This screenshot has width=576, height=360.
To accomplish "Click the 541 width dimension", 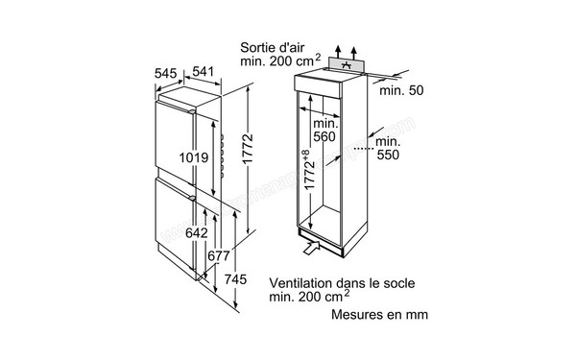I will click(x=202, y=72).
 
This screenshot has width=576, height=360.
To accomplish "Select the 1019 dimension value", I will click(x=194, y=157).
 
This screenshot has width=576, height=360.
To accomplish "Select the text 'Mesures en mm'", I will click(x=379, y=314).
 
